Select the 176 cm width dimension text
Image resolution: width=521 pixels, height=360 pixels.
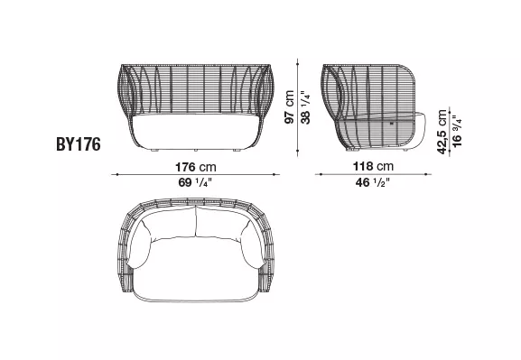point(196,166)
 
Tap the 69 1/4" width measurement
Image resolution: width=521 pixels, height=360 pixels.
point(196,183)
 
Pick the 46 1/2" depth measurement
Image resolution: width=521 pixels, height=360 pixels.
point(374,183)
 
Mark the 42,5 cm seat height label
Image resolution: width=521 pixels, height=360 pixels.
point(442,132)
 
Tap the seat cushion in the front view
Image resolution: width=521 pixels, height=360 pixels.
point(196,133)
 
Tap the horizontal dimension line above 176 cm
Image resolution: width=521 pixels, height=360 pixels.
point(195,174)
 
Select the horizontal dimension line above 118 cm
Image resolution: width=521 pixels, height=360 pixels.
point(374,174)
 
